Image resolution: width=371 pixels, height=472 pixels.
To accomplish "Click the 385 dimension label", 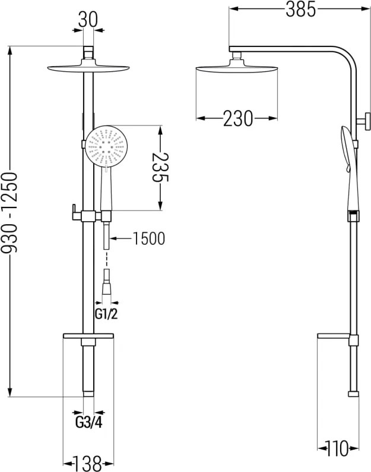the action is pyautogui.click(x=300, y=9).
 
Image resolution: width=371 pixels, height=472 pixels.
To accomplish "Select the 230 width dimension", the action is pyautogui.click(x=238, y=118).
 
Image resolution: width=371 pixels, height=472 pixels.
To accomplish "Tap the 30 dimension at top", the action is pyautogui.click(x=88, y=20).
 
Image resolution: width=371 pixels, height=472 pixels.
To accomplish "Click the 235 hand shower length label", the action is pyautogui.click(x=160, y=168).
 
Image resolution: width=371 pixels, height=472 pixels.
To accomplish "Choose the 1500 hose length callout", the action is pyautogui.click(x=149, y=239).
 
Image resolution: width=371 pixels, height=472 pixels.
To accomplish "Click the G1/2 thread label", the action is pyautogui.click(x=106, y=314).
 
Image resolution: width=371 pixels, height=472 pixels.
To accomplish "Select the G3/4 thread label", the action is pyautogui.click(x=88, y=423).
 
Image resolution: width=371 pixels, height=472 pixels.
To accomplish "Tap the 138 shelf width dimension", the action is pyautogui.click(x=88, y=464).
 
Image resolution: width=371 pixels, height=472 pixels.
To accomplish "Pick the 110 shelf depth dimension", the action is pyautogui.click(x=338, y=449).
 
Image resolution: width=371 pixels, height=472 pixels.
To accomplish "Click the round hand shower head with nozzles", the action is pyautogui.click(x=105, y=146).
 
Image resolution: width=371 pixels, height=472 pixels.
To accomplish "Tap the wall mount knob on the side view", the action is pyautogui.click(x=364, y=121).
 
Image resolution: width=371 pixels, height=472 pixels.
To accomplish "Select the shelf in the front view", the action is pyautogui.click(x=88, y=336).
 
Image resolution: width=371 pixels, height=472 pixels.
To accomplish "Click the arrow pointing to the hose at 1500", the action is pyautogui.click(x=121, y=239).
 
